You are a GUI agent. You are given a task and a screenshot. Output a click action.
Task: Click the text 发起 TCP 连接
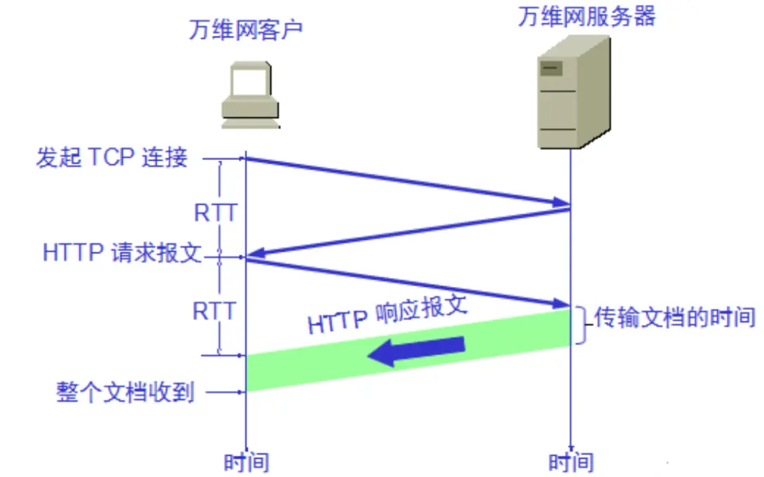pos(112,157)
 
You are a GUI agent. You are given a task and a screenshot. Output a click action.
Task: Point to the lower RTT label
pos(215,310)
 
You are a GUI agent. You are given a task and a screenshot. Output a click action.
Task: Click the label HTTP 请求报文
pos(121,253)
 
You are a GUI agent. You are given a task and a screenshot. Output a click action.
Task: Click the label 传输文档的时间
pos(675,318)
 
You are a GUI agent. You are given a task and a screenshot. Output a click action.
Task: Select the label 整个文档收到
pos(125,392)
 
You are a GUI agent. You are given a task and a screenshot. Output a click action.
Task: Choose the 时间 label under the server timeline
pos(571,462)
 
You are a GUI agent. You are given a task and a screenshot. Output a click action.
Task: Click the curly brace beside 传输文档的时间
pos(581,325)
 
